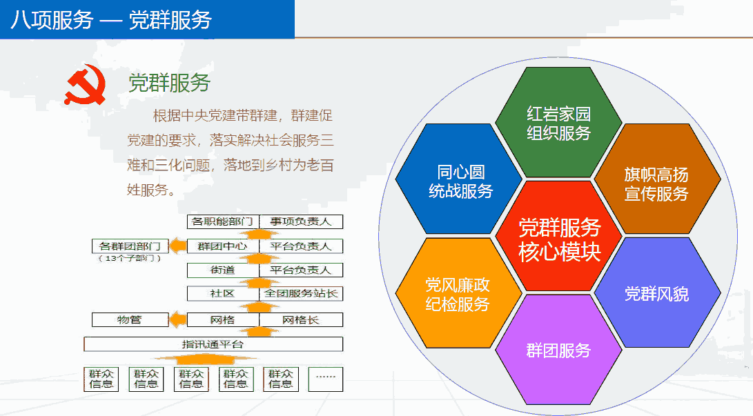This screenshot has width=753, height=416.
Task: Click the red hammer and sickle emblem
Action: coord(86,85)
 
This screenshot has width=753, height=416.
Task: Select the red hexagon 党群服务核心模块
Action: coord(558,236)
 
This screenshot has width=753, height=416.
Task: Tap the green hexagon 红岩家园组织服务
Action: coord(558,122)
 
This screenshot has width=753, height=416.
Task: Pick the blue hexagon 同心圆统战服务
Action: coord(460,179)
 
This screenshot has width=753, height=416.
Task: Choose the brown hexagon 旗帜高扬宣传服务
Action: coord(657,179)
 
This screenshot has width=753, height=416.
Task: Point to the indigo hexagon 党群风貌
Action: coord(657,293)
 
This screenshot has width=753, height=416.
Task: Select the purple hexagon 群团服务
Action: coord(558,350)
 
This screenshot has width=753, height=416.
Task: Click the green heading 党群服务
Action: coord(169,83)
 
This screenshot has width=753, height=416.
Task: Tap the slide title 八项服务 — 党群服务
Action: coord(111,20)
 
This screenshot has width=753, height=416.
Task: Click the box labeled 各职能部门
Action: coord(223,221)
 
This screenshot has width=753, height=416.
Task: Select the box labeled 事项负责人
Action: coord(301,221)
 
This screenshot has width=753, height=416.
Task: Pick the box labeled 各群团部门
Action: coord(130,246)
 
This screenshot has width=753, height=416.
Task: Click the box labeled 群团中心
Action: coord(223,246)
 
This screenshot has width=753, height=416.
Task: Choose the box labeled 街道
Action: coord(223,270)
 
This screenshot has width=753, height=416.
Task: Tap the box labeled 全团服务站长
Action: coord(301,293)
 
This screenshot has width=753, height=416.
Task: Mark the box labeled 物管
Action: coord(130,319)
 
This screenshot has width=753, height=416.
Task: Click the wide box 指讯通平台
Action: coord(213,344)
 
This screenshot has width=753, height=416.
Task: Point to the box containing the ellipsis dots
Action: coord(326,379)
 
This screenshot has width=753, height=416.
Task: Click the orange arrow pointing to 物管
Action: coord(177,319)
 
